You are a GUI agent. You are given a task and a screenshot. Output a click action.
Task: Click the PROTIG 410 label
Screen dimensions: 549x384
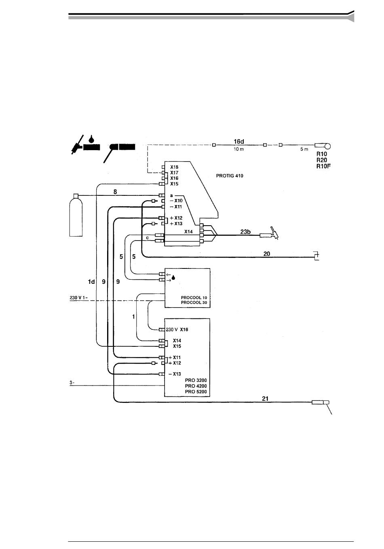[x=230, y=176]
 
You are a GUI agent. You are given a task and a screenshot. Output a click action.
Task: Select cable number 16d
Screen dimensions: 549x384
[x=239, y=141]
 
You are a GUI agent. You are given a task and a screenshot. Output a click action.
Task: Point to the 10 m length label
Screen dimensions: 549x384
[x=239, y=149]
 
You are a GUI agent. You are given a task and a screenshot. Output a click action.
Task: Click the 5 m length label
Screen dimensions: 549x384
[x=304, y=149]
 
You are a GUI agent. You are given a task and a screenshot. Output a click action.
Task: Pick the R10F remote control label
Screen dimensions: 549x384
[x=324, y=166]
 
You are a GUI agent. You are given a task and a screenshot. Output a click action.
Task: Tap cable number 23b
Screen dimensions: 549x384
[x=246, y=232]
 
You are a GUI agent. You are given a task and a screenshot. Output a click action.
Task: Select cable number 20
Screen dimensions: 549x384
[x=267, y=254]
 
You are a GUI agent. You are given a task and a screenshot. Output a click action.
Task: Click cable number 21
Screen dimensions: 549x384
[x=265, y=398]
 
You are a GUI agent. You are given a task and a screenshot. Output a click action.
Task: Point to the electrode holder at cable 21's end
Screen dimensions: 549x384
[x=321, y=402]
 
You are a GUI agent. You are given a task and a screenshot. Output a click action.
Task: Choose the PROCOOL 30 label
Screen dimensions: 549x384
[x=194, y=303]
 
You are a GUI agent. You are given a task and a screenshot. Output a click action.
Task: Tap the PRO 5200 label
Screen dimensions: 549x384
[x=196, y=392]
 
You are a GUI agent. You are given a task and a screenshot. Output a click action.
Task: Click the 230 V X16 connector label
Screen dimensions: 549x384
[x=177, y=329]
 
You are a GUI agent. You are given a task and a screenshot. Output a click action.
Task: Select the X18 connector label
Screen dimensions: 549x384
[x=174, y=167]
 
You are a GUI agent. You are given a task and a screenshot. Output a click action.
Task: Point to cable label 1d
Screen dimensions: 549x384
[x=91, y=281]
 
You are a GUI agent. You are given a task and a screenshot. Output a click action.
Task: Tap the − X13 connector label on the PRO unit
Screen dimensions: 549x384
[x=175, y=374]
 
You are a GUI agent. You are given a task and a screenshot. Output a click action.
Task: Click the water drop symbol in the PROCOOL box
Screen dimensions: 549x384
[x=174, y=278]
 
